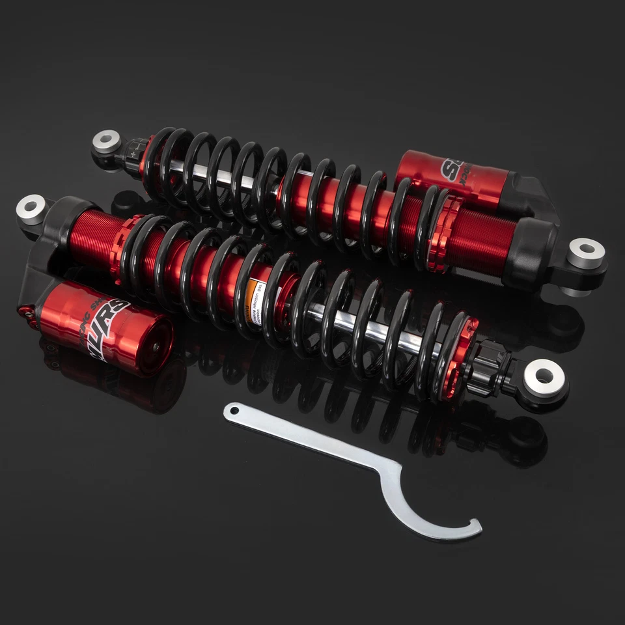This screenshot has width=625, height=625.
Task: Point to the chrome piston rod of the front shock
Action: click(x=365, y=329)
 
